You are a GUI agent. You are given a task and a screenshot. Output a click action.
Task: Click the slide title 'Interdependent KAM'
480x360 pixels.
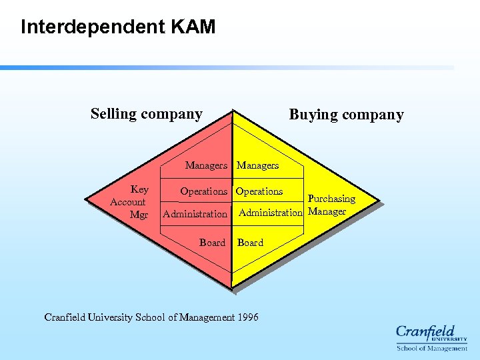pyautogui.click(x=118, y=27)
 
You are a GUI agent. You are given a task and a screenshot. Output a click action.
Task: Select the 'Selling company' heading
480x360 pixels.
pyautogui.click(x=147, y=114)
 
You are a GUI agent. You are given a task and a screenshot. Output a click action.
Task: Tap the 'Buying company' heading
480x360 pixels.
pyautogui.click(x=346, y=115)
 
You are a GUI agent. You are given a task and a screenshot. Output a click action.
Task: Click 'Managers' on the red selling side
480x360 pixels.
pyautogui.click(x=206, y=165)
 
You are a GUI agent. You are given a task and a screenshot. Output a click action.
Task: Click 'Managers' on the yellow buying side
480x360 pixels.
pyautogui.click(x=258, y=165)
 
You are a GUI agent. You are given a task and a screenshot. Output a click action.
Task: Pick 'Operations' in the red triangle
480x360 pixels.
pyautogui.click(x=203, y=191)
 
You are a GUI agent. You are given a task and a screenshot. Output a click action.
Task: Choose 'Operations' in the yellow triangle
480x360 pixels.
pyautogui.click(x=259, y=191)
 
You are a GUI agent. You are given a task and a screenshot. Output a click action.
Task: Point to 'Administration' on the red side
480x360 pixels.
pyautogui.click(x=195, y=214)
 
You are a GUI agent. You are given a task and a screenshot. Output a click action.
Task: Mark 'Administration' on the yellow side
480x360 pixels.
pyautogui.click(x=270, y=213)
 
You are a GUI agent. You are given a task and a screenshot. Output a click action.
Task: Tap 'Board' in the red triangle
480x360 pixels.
pyautogui.click(x=212, y=243)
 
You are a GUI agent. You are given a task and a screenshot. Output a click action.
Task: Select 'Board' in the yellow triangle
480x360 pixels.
pyautogui.click(x=250, y=243)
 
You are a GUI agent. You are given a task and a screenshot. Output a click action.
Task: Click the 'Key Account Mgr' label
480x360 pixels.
pyautogui.click(x=129, y=202)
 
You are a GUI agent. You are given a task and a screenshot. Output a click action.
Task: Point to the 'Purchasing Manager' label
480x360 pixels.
pyautogui.click(x=330, y=205)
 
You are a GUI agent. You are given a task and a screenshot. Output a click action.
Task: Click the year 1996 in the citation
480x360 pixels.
pyautogui.click(x=247, y=317)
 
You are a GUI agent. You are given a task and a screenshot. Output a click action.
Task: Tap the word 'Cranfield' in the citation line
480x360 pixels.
pyautogui.click(x=65, y=317)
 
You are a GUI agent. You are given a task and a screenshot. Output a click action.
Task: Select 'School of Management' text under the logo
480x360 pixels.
pyautogui.click(x=432, y=348)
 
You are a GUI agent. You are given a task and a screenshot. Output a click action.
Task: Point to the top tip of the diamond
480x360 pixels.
pyautogui.click(x=232, y=109)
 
